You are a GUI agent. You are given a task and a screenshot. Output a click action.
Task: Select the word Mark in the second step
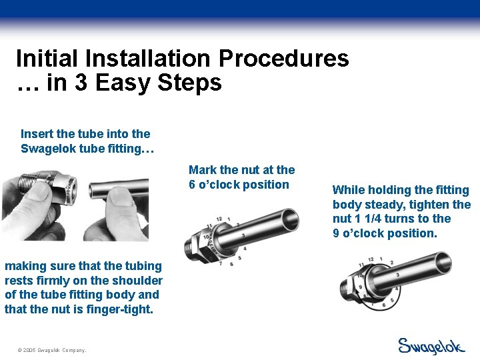(x=203, y=170)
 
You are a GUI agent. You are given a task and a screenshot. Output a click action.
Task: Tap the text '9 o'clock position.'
(x=385, y=233)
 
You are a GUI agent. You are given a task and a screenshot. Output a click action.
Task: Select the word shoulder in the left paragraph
(x=136, y=281)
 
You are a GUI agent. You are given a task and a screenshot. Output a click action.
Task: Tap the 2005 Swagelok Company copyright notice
(x=53, y=350)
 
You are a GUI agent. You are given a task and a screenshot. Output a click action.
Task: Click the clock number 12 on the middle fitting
(x=219, y=219)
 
